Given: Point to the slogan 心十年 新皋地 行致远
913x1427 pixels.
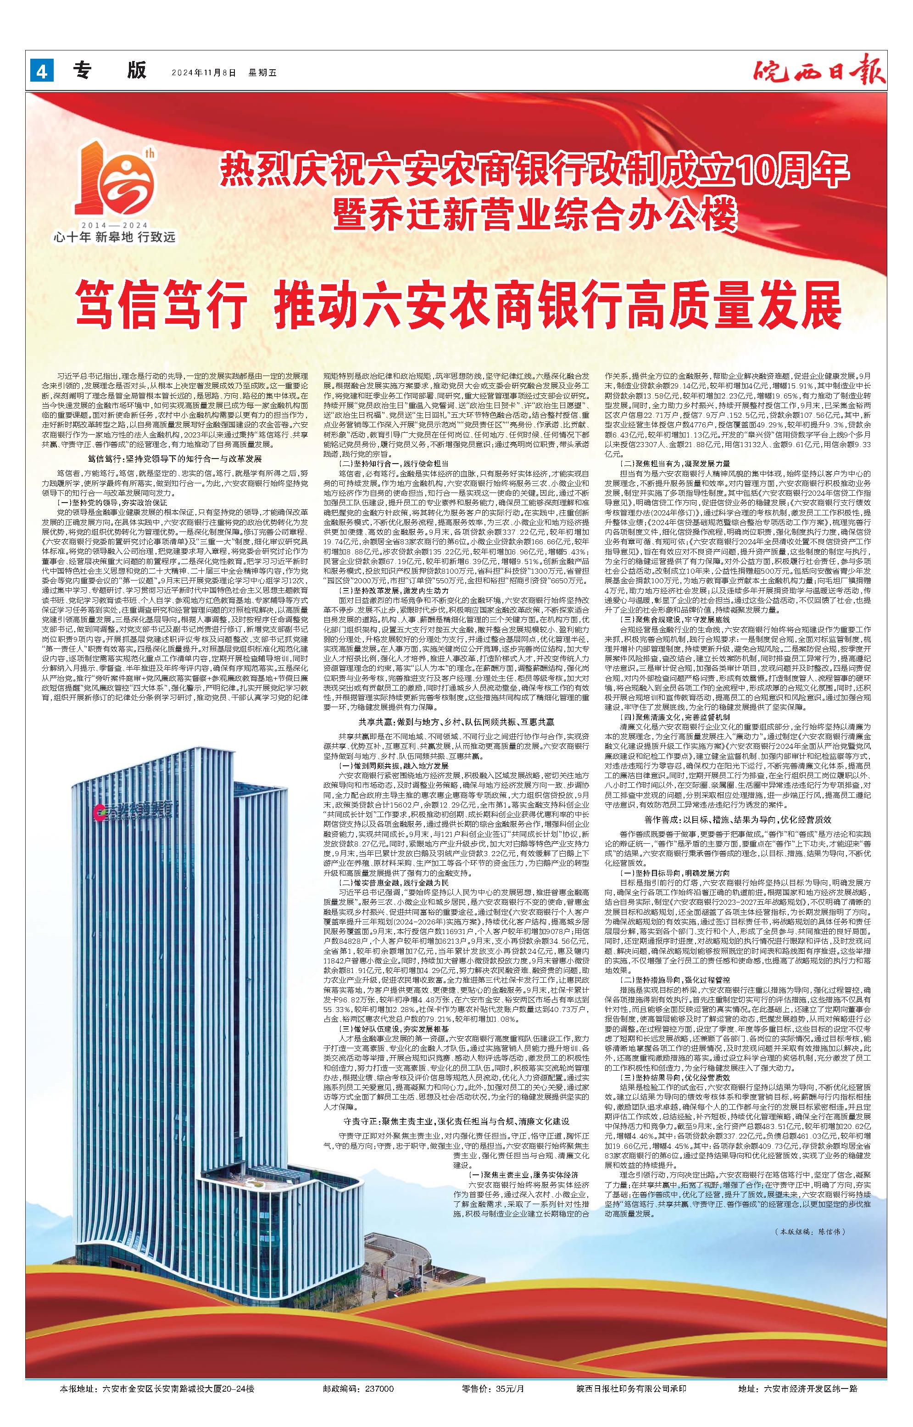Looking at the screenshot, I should [x=114, y=238].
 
